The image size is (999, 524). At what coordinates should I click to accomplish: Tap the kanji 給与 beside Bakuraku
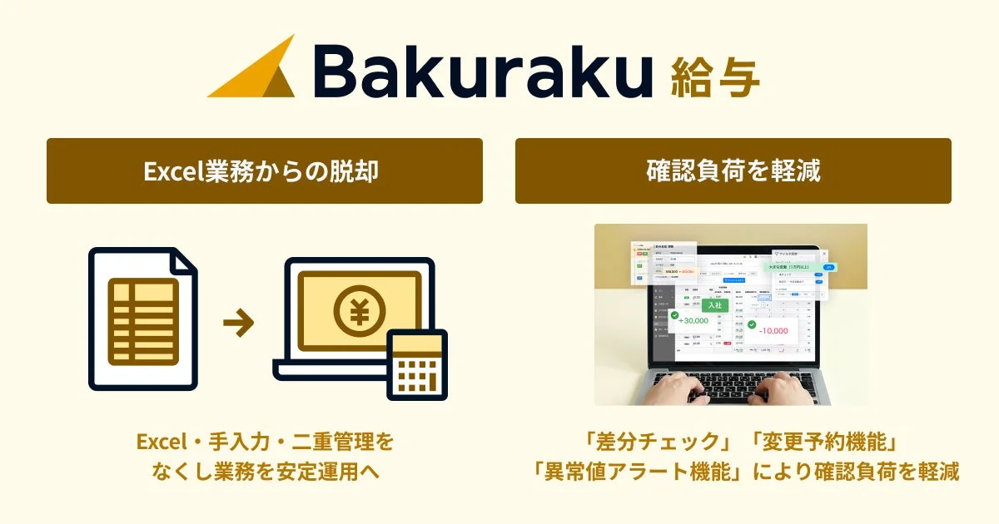(x=714, y=75)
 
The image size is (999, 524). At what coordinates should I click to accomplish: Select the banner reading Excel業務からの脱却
(x=265, y=171)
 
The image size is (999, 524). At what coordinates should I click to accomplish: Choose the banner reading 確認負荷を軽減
(x=733, y=171)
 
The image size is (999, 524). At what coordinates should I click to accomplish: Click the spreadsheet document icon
(x=143, y=319)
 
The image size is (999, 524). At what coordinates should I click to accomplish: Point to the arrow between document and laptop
(x=239, y=324)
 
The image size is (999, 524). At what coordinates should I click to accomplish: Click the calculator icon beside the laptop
(x=416, y=364)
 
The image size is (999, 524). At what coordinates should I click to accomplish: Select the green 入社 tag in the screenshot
(x=715, y=305)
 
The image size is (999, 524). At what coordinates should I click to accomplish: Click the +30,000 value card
(x=693, y=320)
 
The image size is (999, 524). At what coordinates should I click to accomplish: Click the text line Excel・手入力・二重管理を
(x=265, y=440)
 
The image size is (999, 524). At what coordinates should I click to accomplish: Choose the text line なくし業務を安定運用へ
(x=265, y=472)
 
